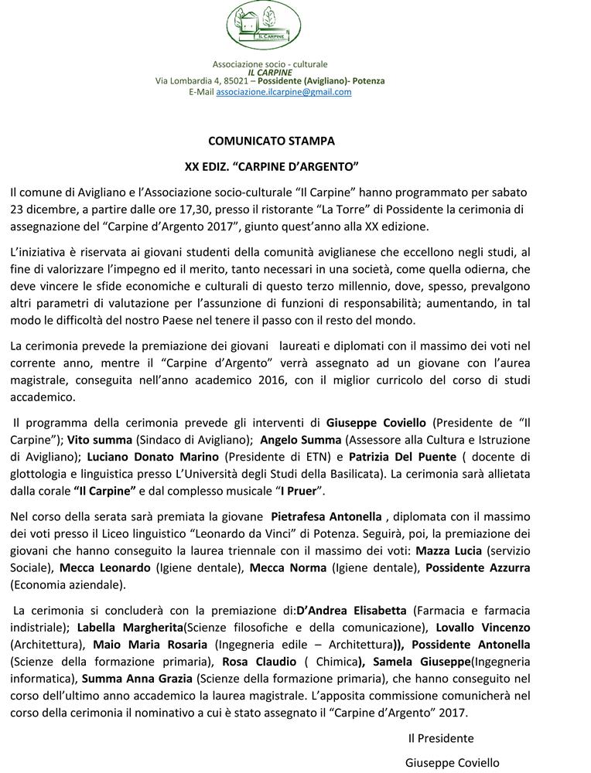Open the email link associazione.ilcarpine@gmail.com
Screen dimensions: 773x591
pos(283,91)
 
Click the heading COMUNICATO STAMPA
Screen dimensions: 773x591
pos(272,141)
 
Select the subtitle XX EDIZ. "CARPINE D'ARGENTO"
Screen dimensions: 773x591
pos(272,166)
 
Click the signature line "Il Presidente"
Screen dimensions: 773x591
pos(441,737)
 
